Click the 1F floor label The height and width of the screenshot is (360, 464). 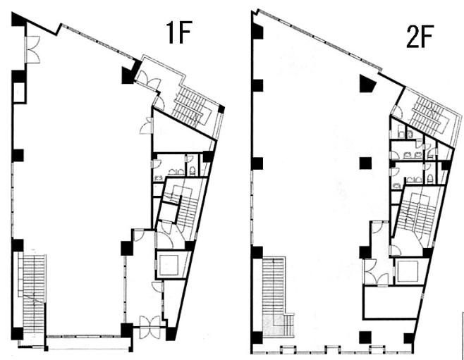click(x=179, y=32)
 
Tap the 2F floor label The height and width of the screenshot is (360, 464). click(x=420, y=37)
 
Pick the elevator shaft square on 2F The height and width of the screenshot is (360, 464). click(x=408, y=271)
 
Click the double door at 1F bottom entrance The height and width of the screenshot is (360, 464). click(x=149, y=327)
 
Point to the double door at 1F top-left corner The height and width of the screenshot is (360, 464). click(x=32, y=49)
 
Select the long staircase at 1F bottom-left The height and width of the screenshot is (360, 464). click(x=32, y=294)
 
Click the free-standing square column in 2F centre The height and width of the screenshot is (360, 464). click(x=365, y=163)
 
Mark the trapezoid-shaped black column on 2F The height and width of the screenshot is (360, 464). click(x=367, y=83)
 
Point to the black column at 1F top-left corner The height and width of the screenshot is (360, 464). click(x=19, y=20)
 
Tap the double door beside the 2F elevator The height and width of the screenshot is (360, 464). click(x=376, y=272)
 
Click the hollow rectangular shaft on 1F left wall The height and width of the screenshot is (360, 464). click(x=19, y=92)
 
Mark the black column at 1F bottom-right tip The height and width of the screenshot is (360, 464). click(x=171, y=334)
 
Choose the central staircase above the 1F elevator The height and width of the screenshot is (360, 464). click(x=181, y=207)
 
